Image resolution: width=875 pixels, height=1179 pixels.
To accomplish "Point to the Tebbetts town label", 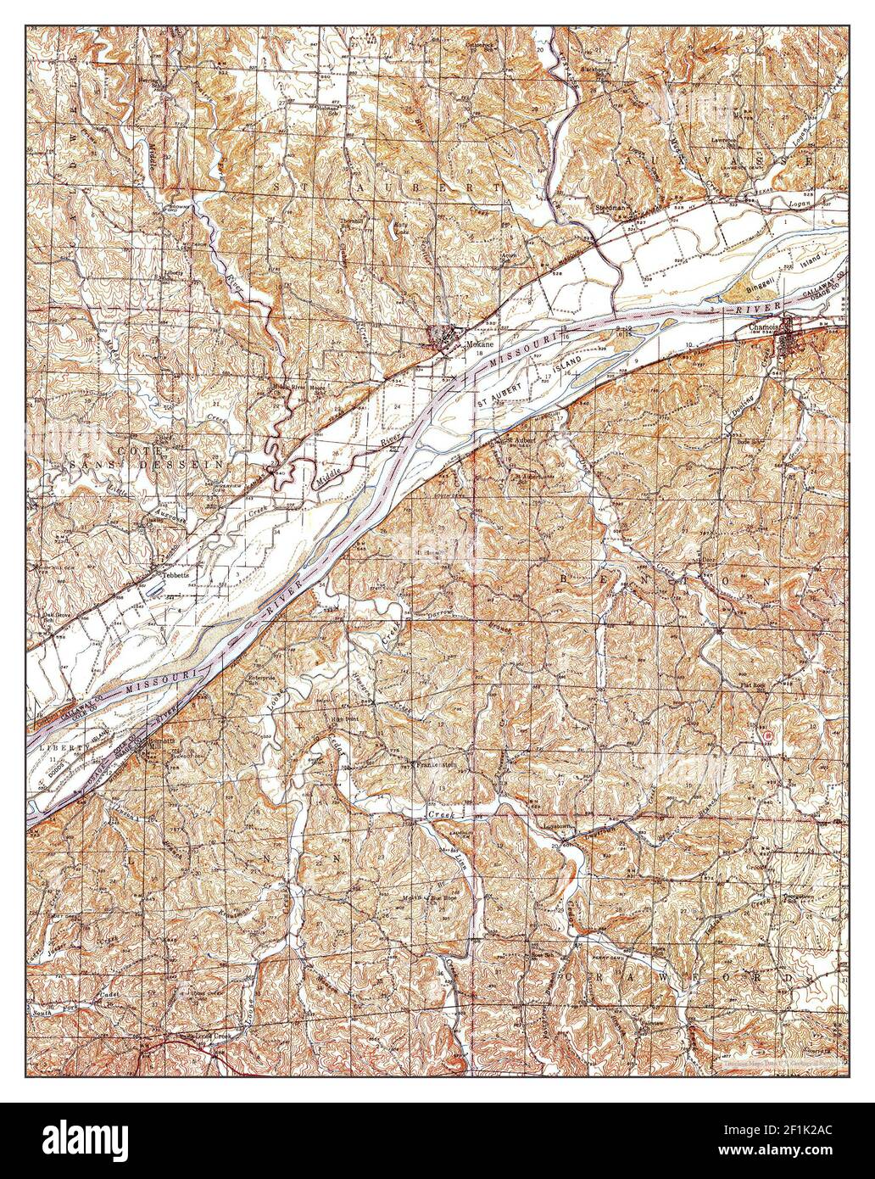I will [167, 573].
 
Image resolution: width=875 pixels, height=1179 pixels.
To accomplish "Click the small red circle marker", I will [766, 737].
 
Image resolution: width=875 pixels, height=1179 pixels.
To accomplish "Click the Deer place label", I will [708, 561].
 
